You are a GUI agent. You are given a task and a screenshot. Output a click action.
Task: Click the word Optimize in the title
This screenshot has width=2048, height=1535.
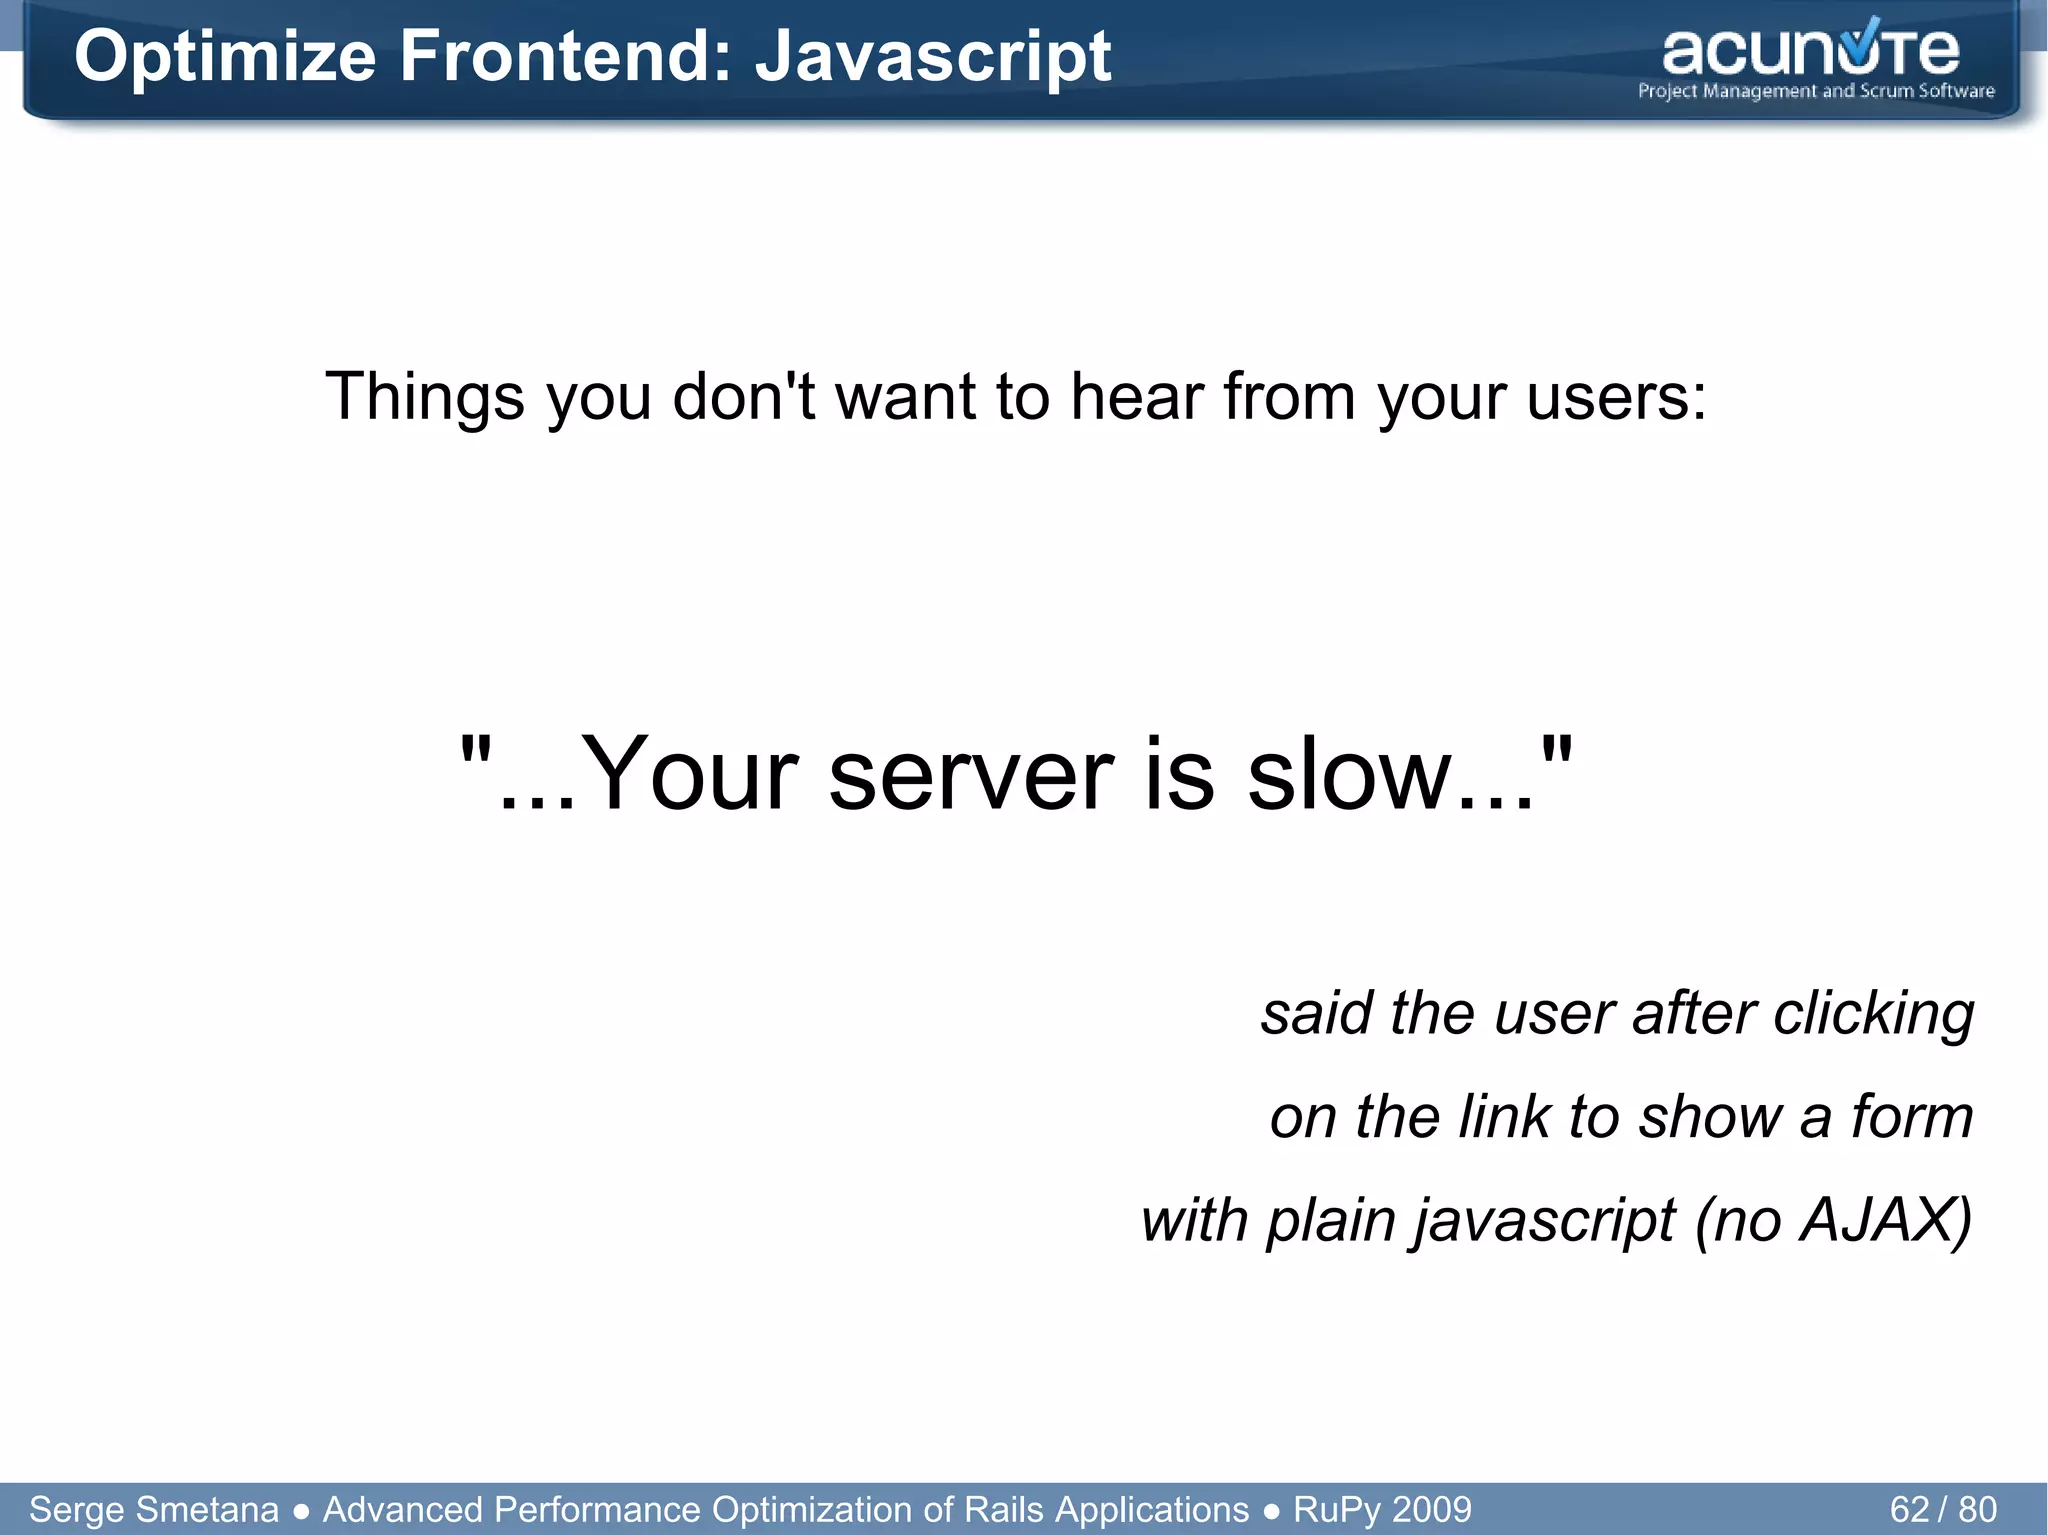[x=224, y=57]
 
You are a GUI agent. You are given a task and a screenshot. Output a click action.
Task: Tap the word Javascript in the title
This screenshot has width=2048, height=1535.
[x=932, y=57]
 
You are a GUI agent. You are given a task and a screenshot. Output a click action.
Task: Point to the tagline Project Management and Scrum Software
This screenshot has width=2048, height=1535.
[x=1815, y=91]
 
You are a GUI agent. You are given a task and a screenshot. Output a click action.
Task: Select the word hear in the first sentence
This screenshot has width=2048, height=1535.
[x=1138, y=397]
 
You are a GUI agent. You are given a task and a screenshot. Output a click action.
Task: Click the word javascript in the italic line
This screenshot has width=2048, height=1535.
[x=1545, y=1221]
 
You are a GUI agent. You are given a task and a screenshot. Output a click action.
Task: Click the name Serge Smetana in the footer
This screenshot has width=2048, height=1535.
[x=154, y=1509]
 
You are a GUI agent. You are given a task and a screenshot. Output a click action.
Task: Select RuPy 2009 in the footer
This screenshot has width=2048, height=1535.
[x=1382, y=1509]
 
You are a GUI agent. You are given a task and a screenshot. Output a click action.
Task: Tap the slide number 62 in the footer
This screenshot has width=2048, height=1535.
[x=1909, y=1509]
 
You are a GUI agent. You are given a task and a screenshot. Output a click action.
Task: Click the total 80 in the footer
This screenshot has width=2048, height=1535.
[x=1977, y=1509]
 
